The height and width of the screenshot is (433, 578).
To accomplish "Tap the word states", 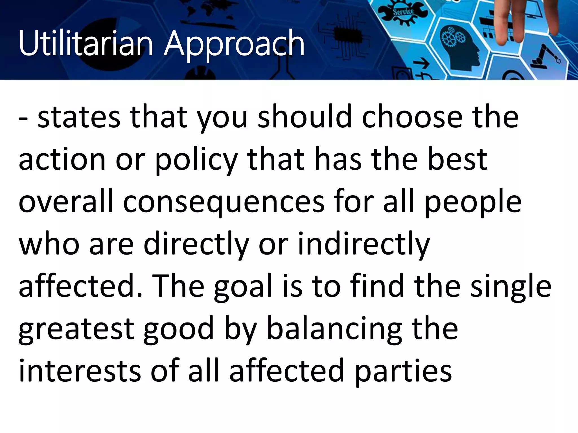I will [x=79, y=117].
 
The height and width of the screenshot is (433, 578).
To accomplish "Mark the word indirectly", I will [x=364, y=244].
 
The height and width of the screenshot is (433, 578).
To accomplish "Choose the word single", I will [x=511, y=286].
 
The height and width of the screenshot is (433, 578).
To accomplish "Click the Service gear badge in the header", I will [x=403, y=13].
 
